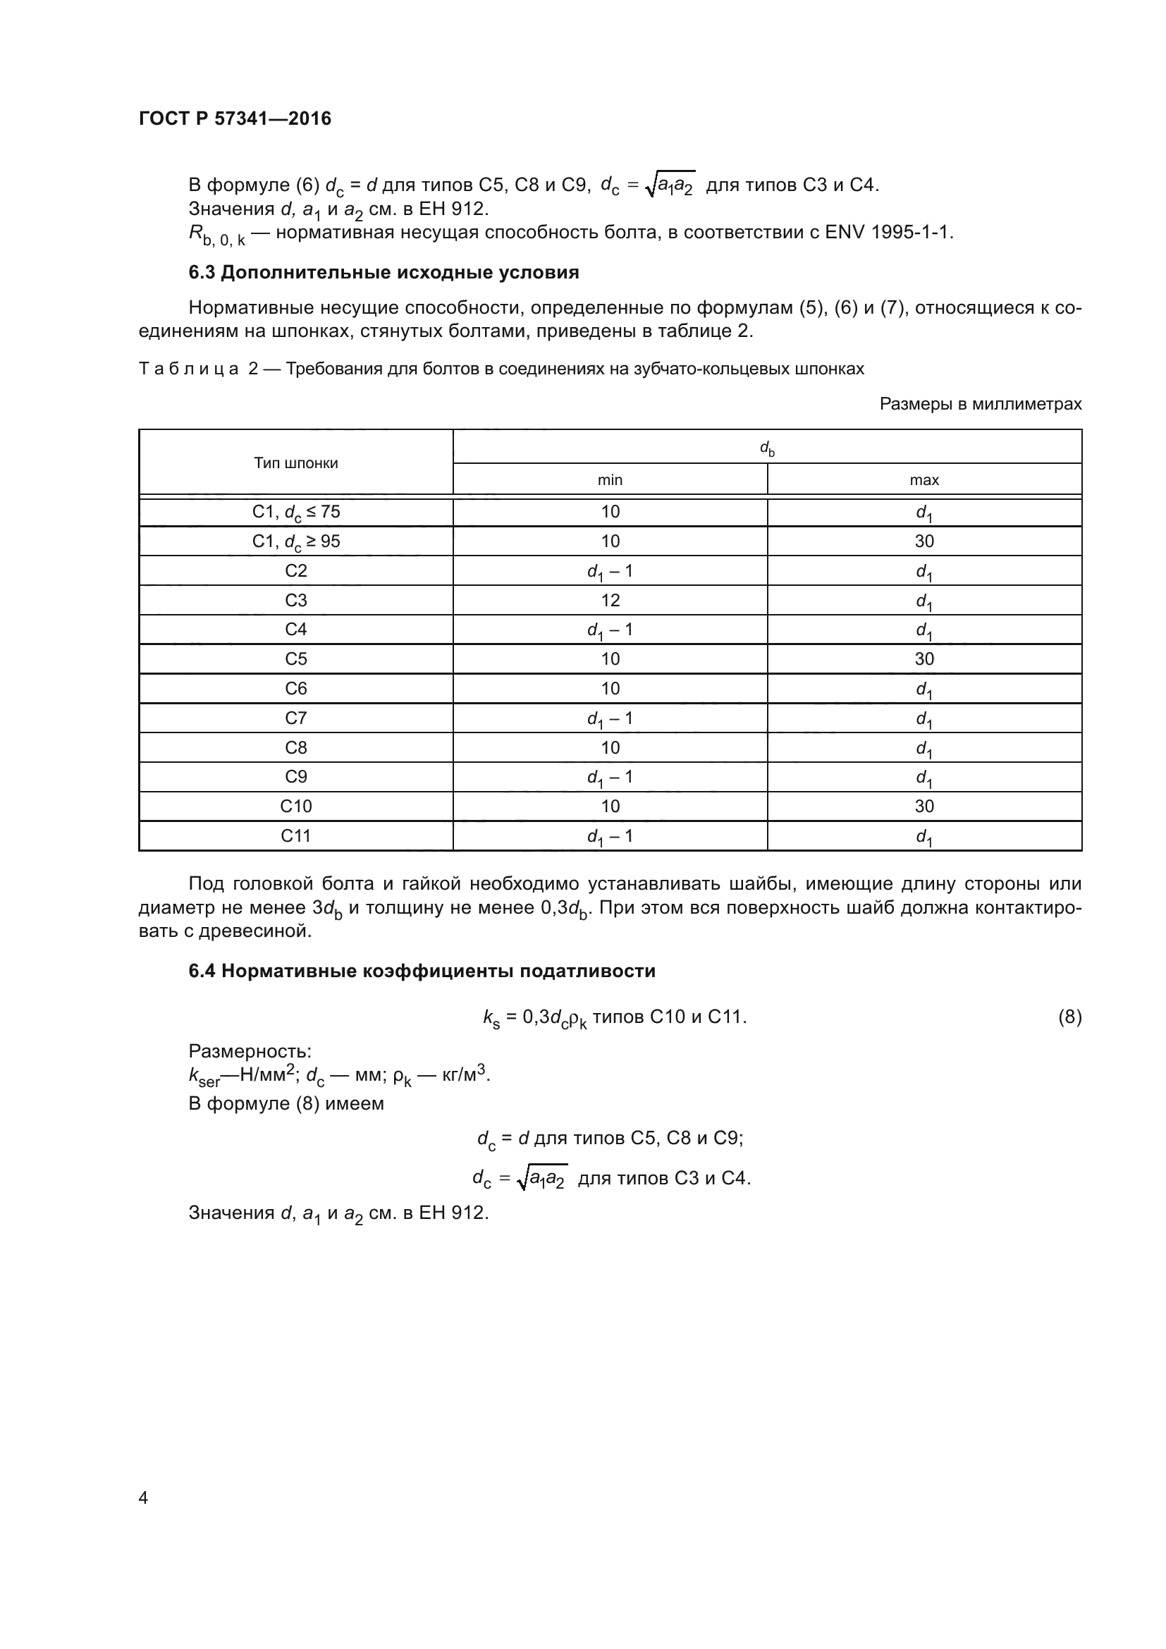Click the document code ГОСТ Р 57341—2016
235,118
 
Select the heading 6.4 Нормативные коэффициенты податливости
422,971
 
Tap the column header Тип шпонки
296,463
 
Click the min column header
610,480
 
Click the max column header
923,480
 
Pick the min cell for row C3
610,601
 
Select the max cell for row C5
923,659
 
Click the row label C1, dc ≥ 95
296,541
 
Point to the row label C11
296,836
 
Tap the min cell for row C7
610,718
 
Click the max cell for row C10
923,807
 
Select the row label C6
296,689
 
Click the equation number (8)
1069,1017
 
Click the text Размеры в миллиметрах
980,405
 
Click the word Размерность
249,1051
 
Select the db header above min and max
767,448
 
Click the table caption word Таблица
188,369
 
